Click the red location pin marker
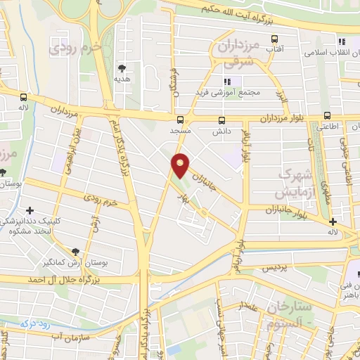pos(181,165)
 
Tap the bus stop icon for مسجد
pos(181,119)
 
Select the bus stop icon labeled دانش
pos(223,120)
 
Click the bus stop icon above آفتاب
pos(274,39)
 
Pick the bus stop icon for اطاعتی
pos(326,116)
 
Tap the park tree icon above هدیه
pos(122,67)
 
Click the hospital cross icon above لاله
pos(333,221)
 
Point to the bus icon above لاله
pos(25,98)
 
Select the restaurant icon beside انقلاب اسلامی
pos(342,41)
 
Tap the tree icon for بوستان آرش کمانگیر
pos(75,250)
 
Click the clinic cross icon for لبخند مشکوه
pos(30,210)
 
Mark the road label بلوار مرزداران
pos(285,117)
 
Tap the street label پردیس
pos(275,269)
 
